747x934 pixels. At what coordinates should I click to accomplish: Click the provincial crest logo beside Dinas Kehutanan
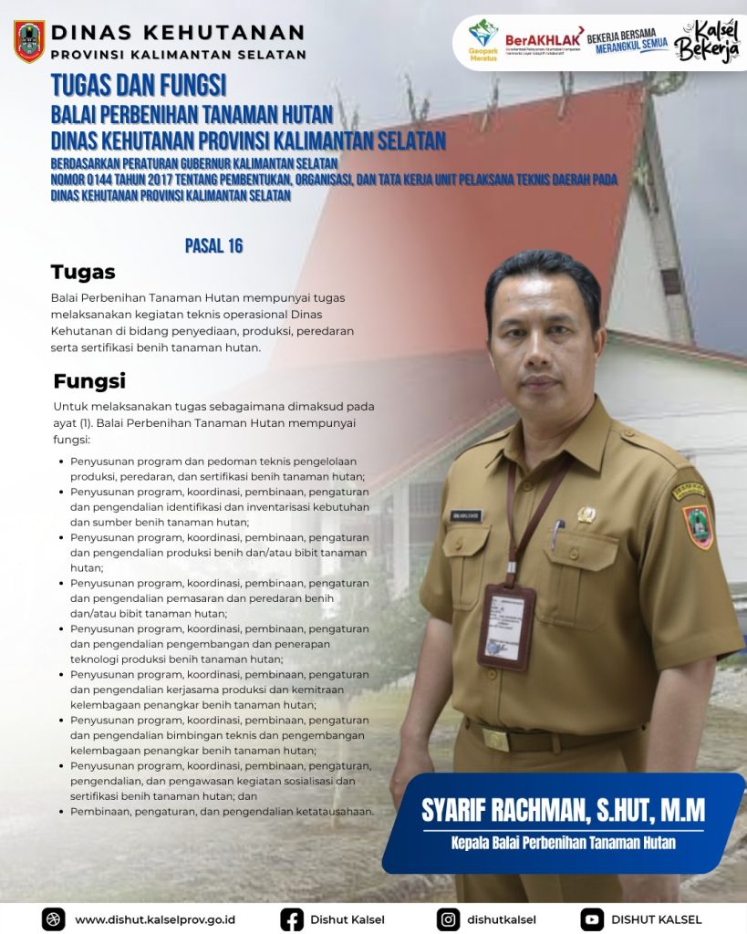(29, 41)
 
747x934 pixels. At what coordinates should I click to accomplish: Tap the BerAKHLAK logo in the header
(544, 41)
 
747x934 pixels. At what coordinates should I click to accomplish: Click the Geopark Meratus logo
(483, 39)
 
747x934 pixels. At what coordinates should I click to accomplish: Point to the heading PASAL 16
(213, 245)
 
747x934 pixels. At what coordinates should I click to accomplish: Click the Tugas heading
(83, 272)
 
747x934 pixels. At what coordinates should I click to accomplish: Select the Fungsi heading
(89, 380)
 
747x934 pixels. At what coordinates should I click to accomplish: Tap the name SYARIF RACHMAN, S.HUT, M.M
(563, 808)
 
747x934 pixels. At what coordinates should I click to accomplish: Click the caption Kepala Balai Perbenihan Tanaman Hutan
(563, 843)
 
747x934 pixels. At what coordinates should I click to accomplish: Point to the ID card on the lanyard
(506, 626)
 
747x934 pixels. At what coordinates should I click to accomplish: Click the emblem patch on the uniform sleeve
(698, 526)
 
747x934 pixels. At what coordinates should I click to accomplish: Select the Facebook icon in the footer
(292, 918)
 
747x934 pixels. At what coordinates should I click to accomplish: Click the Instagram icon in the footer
(448, 918)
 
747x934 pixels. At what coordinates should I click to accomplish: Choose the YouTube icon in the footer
(592, 918)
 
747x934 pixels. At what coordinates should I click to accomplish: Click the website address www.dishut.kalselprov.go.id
(155, 919)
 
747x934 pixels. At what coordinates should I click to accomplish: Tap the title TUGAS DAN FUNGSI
(139, 86)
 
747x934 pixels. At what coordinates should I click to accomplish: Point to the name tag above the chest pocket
(464, 515)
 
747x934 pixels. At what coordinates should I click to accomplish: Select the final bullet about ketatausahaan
(223, 811)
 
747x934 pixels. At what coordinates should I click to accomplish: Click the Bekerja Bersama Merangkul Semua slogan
(628, 41)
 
